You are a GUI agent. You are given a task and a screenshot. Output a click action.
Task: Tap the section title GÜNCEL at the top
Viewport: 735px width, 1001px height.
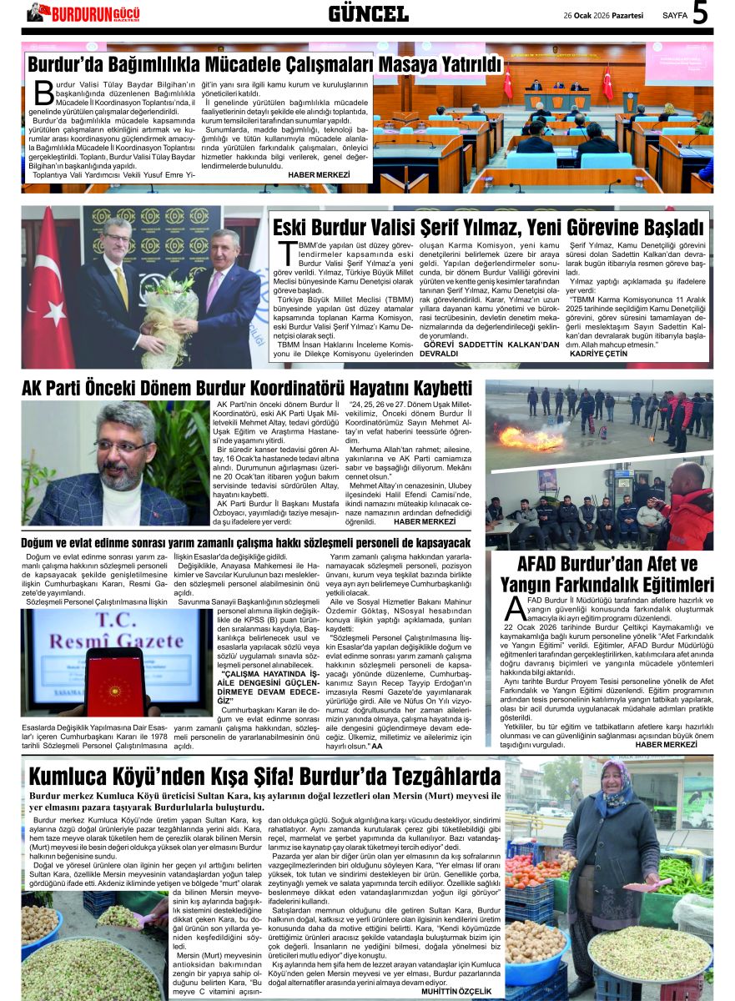click(x=368, y=13)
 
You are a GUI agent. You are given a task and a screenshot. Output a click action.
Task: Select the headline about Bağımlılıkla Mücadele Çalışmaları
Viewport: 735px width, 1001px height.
click(x=265, y=64)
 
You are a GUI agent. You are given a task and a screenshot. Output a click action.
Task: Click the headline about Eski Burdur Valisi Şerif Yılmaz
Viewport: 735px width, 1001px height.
click(x=490, y=226)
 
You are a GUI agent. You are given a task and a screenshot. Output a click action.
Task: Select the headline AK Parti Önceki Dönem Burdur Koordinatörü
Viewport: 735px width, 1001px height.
click(x=247, y=388)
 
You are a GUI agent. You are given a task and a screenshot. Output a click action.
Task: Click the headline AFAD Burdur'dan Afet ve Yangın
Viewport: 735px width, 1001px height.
click(x=607, y=574)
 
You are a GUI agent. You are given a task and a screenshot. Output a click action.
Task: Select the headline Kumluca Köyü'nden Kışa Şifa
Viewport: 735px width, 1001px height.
click(x=265, y=777)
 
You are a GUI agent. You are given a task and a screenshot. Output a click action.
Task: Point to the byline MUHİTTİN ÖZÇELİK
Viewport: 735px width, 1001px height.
click(x=457, y=991)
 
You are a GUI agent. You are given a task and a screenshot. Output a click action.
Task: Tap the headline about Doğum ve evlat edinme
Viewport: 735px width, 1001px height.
click(x=246, y=543)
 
